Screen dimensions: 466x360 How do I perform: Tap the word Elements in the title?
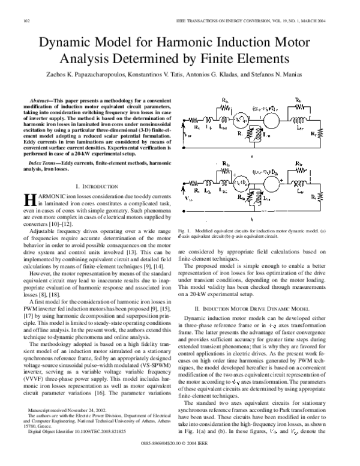[262, 59]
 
